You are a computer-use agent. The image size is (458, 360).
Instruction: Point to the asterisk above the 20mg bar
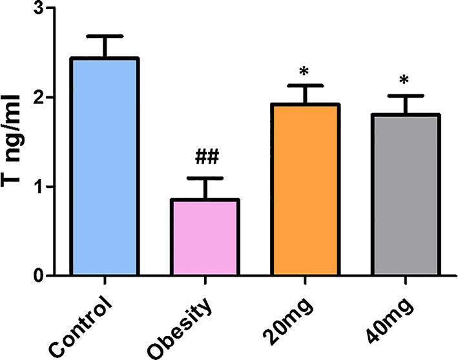click(x=306, y=70)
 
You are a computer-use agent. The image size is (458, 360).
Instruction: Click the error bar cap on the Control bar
click(x=105, y=36)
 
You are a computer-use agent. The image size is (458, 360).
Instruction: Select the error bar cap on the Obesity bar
click(x=205, y=178)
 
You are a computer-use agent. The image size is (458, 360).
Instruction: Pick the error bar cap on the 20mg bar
click(x=306, y=85)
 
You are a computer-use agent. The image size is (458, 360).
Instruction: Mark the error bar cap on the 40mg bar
click(x=406, y=96)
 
